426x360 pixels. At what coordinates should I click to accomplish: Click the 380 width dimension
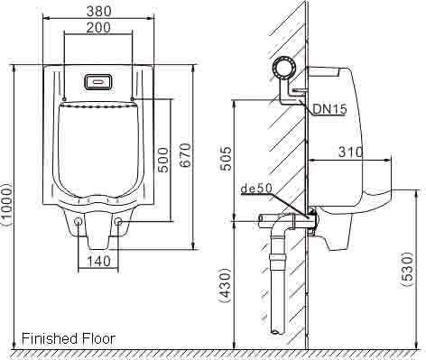(x=99, y=11)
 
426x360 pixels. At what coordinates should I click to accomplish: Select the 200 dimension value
(x=98, y=28)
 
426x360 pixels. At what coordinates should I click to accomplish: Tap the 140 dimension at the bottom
(x=98, y=261)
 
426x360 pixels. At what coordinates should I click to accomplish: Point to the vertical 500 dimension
(x=163, y=160)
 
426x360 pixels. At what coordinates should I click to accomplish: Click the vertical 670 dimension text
(x=185, y=155)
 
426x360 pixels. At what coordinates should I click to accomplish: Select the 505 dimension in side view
(x=226, y=159)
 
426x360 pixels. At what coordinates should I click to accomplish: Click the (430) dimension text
(x=226, y=285)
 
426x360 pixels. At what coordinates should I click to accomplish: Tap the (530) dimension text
(x=407, y=270)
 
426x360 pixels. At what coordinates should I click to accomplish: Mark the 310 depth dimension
(x=351, y=152)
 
